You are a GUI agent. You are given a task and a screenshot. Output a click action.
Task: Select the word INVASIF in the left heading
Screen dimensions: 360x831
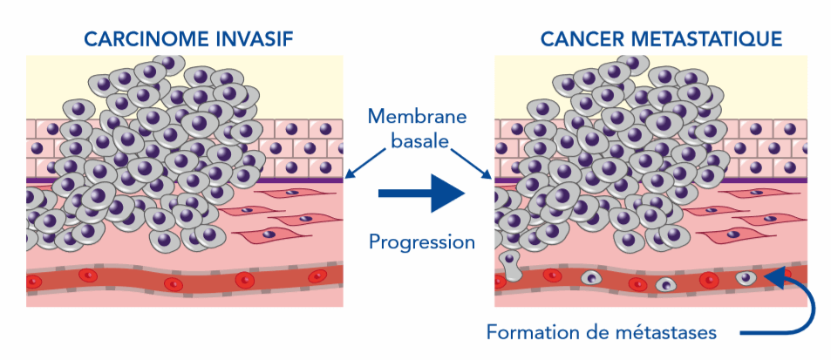(x=254, y=38)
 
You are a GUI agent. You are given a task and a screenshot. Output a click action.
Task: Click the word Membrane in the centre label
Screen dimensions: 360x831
(x=417, y=116)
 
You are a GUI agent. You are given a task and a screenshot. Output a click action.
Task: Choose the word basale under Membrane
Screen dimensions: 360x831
(x=417, y=139)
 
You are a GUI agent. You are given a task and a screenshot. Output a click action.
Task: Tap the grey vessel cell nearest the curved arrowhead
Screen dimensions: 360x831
(x=746, y=278)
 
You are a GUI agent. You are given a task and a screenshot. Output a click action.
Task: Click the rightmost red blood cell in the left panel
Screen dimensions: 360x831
(x=319, y=276)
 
